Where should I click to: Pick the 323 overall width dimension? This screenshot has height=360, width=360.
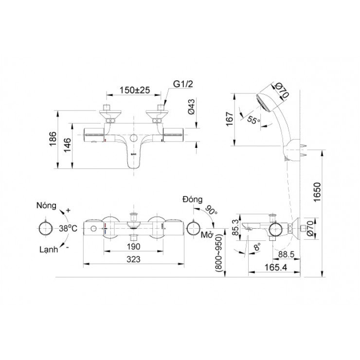(133, 260)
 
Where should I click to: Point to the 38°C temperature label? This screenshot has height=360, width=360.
(69, 228)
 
